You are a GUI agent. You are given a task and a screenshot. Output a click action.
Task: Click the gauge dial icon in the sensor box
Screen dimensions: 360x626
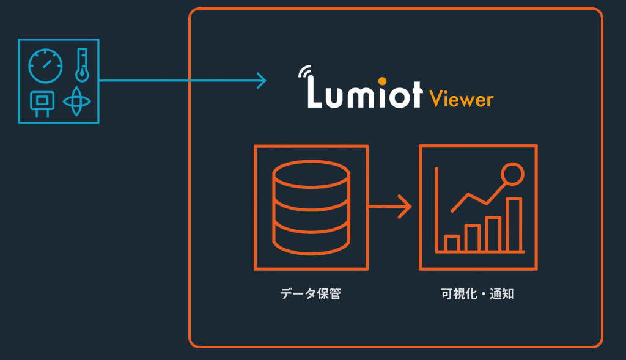[46, 66]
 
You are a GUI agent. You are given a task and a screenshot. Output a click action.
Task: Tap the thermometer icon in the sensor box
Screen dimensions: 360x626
[82, 65]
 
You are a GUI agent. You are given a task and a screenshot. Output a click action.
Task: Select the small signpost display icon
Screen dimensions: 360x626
[42, 103]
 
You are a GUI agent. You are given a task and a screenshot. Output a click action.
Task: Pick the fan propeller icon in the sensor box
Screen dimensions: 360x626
[76, 101]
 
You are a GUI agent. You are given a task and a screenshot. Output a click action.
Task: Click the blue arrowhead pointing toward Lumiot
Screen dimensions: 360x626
[262, 80]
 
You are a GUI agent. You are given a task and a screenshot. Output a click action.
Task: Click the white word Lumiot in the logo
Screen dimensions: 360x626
[364, 94]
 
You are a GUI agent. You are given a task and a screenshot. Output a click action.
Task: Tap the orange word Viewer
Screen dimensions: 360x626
[461, 98]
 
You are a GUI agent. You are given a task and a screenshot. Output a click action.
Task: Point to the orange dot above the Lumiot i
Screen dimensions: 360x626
[381, 80]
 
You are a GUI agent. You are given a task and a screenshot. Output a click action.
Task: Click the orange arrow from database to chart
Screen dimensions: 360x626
[391, 206]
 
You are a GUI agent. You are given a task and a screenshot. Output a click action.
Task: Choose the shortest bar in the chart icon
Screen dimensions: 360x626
[452, 243]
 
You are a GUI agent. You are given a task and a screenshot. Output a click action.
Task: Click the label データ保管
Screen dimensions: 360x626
[311, 294]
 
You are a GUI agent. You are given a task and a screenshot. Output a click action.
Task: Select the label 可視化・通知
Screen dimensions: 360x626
[477, 294]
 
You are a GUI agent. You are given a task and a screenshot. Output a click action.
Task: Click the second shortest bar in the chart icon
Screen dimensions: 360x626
[472, 238]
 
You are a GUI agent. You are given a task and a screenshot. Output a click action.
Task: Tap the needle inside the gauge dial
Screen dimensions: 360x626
[46, 65]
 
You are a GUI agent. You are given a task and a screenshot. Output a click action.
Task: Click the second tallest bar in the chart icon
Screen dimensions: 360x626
[493, 233]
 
